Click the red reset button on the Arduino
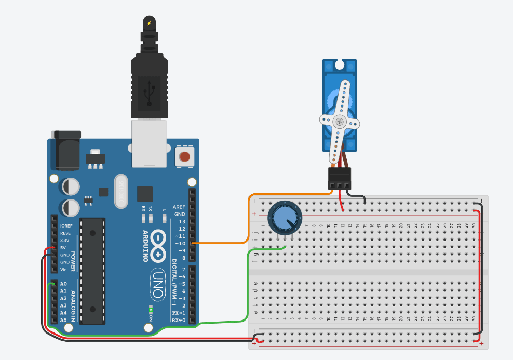click(184, 156)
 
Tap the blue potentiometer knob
click(284, 218)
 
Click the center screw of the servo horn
click(340, 122)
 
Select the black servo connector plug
click(340, 178)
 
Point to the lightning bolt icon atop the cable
click(150, 23)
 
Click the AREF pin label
click(179, 207)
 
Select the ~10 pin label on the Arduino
click(180, 244)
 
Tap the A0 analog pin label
click(63, 284)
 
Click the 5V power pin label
click(63, 248)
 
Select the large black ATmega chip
click(92, 270)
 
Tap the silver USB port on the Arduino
click(149, 144)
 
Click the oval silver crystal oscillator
click(120, 191)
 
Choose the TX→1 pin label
click(178, 313)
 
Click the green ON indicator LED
click(151, 311)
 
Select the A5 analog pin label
click(63, 320)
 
